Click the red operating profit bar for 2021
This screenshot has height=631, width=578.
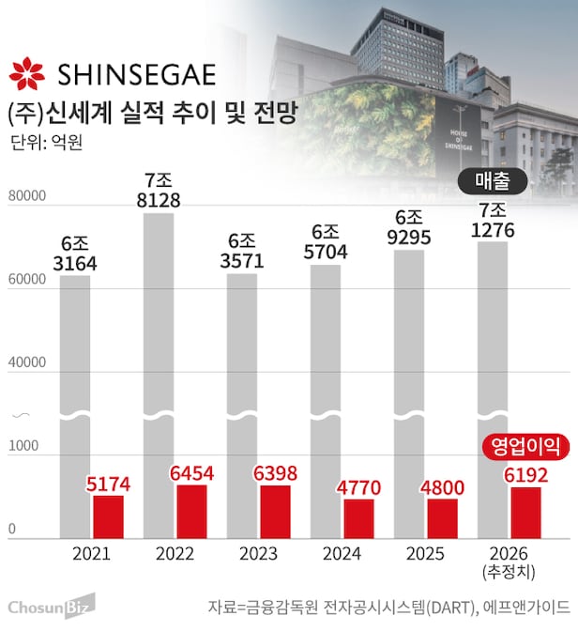(108, 516)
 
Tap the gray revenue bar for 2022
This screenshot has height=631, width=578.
(159, 310)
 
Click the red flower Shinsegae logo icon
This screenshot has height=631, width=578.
(26, 74)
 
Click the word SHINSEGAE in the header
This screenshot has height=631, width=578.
(136, 74)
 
